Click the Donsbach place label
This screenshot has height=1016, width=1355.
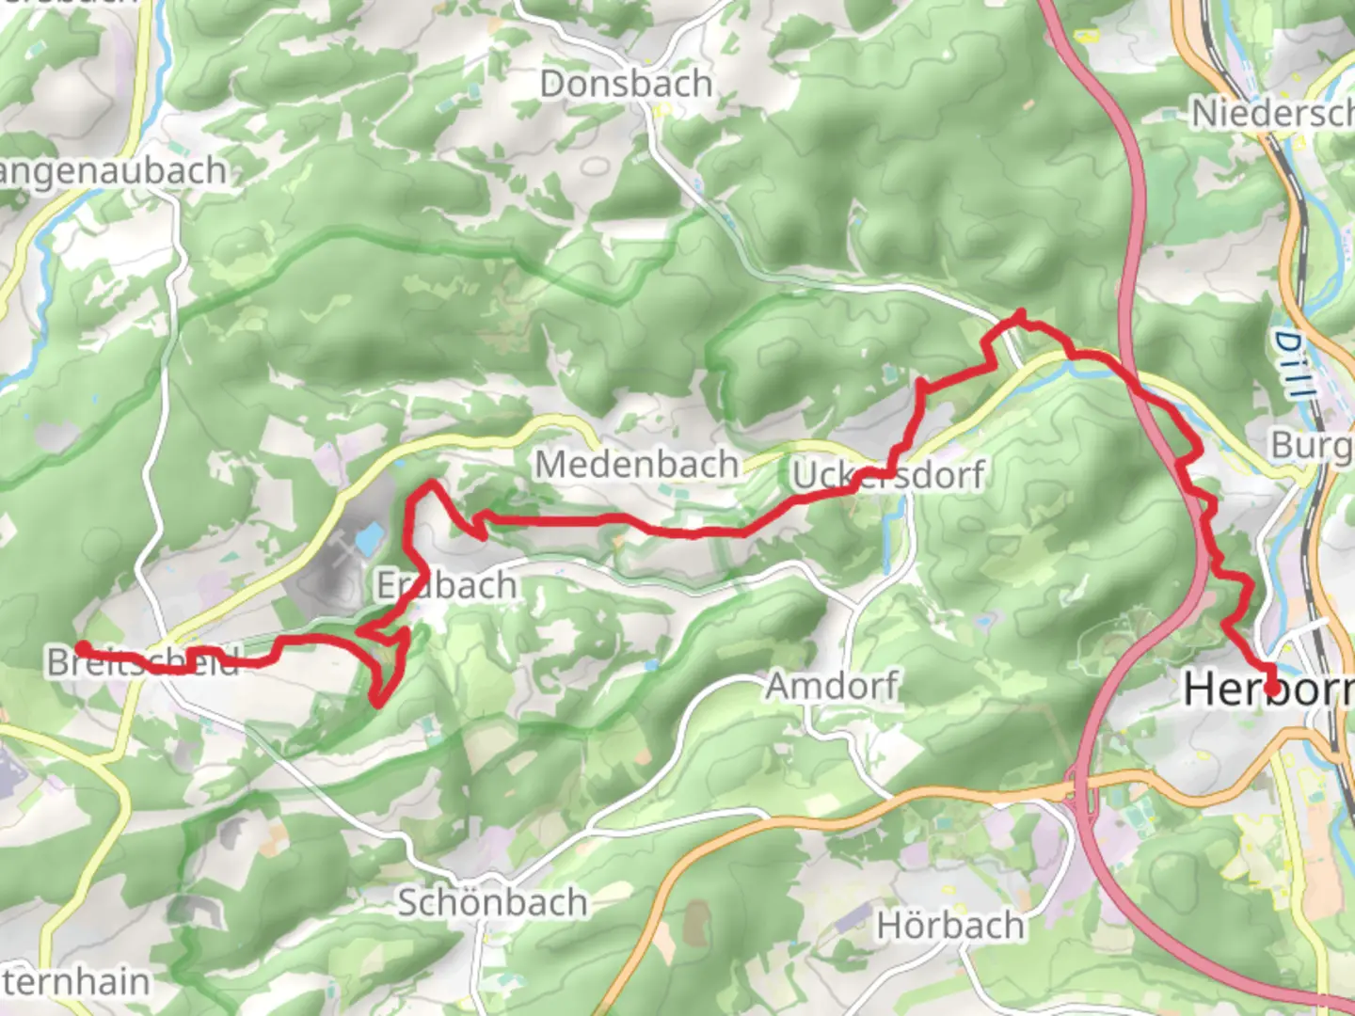click(626, 85)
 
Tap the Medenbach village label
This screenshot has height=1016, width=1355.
click(637, 465)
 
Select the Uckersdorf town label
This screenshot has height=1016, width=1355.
click(888, 475)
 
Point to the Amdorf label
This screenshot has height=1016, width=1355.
click(832, 686)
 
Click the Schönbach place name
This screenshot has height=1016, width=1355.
click(492, 903)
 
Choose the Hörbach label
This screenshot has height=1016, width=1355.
click(950, 926)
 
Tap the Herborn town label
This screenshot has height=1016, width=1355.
click(1267, 690)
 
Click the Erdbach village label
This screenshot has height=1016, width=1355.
click(447, 586)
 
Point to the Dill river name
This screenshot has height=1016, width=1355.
click(1291, 364)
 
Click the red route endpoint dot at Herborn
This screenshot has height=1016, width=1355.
click(1272, 689)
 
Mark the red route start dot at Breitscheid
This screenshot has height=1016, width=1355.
click(82, 647)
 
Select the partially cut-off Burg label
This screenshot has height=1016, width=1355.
click(1312, 445)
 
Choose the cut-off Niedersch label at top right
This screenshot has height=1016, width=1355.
click(1271, 114)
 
